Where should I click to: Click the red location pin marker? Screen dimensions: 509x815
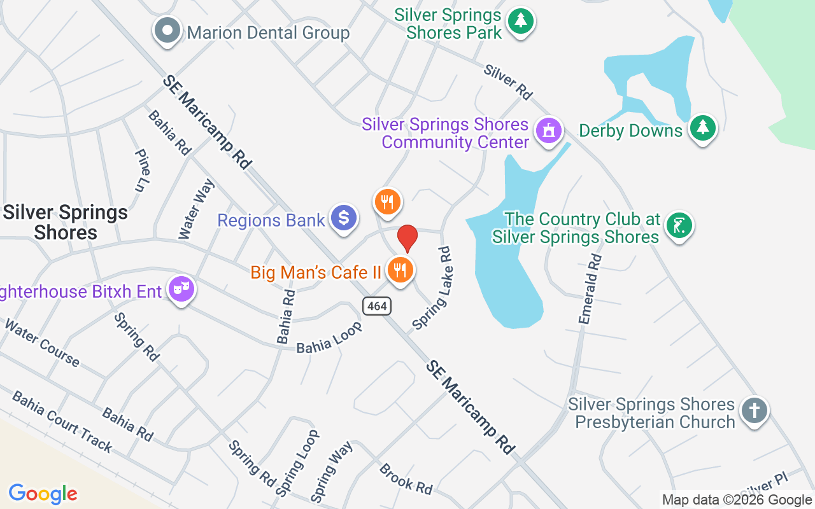[x=407, y=238]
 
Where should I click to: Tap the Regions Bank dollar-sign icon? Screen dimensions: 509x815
[x=344, y=218]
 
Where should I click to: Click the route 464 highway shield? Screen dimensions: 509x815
[x=377, y=306]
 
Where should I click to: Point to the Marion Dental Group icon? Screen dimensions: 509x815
[x=168, y=30]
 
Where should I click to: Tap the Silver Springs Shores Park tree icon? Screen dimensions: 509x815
[x=521, y=21]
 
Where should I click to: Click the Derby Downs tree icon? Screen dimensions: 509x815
[x=702, y=128]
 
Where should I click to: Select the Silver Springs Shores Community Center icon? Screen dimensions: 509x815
[x=549, y=131]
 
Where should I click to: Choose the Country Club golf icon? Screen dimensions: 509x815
[x=679, y=225]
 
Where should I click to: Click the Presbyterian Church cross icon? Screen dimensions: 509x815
[x=755, y=410]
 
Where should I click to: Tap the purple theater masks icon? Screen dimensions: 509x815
[x=181, y=289]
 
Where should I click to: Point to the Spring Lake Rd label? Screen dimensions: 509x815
[x=432, y=288]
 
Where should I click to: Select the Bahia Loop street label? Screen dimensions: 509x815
[x=329, y=337]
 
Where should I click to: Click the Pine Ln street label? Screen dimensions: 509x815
[x=143, y=171]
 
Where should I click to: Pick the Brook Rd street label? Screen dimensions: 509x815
[x=406, y=478]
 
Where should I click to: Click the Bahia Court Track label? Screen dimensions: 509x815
[x=62, y=422]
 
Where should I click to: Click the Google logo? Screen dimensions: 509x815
[x=43, y=494]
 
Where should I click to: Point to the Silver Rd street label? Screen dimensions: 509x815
[x=507, y=81]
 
